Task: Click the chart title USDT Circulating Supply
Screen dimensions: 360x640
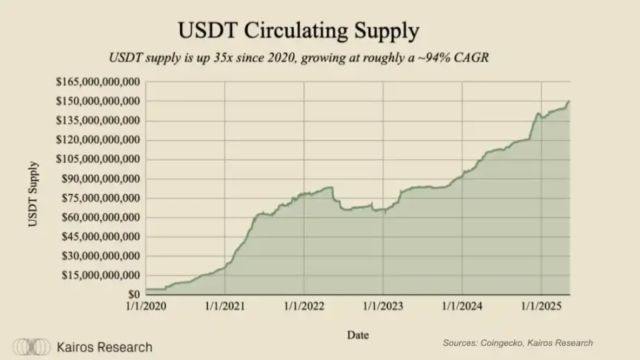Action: [x=299, y=30]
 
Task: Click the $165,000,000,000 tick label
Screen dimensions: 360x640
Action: [x=99, y=81]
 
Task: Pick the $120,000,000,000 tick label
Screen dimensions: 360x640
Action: [x=99, y=139]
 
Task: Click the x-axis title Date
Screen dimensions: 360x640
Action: [x=358, y=335]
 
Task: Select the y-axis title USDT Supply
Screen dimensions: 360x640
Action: [x=33, y=199]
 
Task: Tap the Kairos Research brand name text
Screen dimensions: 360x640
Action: [x=104, y=347]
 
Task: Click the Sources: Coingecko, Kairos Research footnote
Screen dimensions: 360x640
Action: [x=518, y=343]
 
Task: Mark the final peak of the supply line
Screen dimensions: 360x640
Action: [x=569, y=101]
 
